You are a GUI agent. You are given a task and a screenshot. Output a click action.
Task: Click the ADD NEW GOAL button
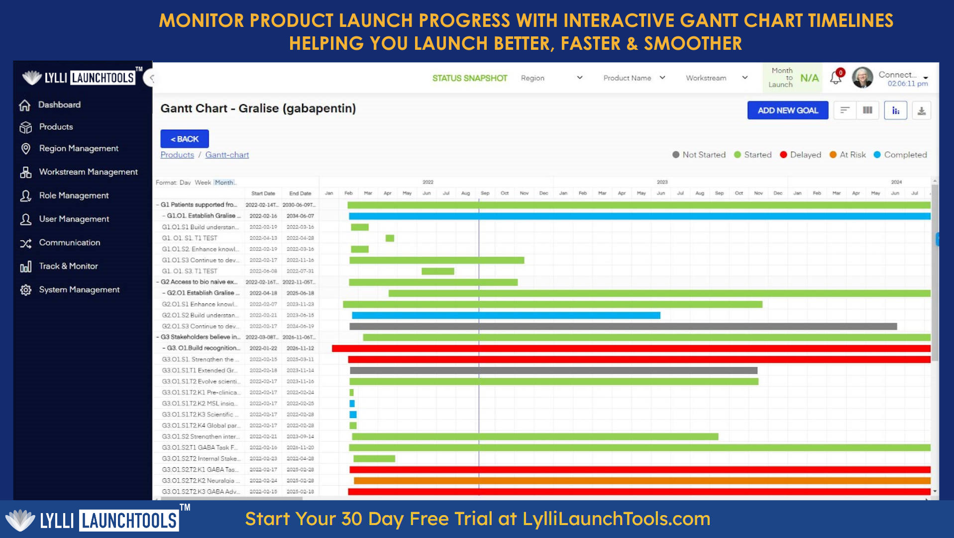coord(787,110)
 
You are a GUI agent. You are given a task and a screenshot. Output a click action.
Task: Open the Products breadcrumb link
coord(177,155)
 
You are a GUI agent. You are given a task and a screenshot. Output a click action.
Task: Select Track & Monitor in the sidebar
coord(68,266)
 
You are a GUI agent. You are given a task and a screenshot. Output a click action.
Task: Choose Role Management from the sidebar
coord(74,195)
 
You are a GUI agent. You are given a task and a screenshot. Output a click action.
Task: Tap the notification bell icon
coord(836,78)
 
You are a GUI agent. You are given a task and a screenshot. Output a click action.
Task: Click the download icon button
coord(921,111)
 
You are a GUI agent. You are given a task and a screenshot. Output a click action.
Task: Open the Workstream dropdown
coord(716,78)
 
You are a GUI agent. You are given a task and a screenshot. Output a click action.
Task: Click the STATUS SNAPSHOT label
coord(469,78)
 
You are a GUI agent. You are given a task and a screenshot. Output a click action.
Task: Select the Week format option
coord(203,183)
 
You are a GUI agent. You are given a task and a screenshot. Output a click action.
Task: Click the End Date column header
coord(300,193)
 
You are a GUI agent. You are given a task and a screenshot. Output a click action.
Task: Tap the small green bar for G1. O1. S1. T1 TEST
coord(390,238)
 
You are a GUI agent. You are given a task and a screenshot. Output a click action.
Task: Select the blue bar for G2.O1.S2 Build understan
coord(506,315)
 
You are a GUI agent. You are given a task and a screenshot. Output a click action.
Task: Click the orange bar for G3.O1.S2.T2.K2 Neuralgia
coord(642,481)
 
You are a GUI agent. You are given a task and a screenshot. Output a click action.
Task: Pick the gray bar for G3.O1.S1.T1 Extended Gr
coord(553,371)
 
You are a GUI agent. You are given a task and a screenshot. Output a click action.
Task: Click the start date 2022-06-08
coord(263,271)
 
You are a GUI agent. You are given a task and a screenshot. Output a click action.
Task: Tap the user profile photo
coord(862,78)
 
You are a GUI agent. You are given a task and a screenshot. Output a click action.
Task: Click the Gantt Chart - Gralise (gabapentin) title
coord(258,109)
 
